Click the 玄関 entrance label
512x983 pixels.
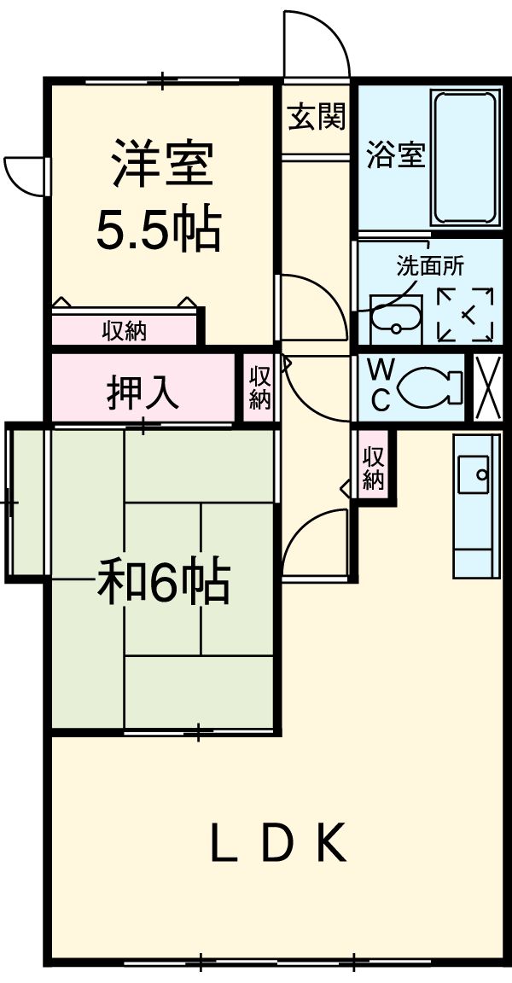coord(316,117)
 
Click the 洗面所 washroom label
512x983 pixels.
coord(430,265)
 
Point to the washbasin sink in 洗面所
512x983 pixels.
coord(397,318)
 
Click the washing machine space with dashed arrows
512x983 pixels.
coord(465,315)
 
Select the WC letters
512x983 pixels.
coord(381,386)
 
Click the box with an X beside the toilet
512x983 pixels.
coord(488,387)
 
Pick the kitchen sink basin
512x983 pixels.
coord(474,474)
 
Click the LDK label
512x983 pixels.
coord(279,844)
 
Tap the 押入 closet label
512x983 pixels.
coord(143,392)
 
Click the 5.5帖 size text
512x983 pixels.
coord(159,229)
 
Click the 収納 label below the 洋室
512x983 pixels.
coord(125,330)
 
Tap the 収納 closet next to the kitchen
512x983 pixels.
coord(373,468)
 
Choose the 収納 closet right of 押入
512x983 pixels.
coord(260,387)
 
